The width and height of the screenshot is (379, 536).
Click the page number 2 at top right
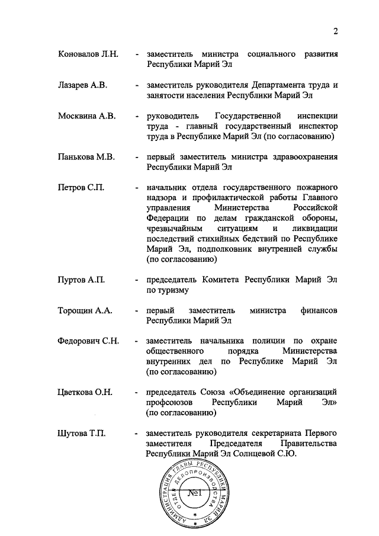(x=335, y=31)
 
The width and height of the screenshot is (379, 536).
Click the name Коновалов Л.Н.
(x=88, y=54)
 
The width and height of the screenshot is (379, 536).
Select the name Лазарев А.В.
(x=82, y=85)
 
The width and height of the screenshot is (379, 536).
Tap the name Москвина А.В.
(x=85, y=116)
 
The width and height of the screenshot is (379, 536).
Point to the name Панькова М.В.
(x=86, y=158)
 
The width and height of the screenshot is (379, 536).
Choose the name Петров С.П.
(x=81, y=188)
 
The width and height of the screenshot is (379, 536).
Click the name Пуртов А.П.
(x=81, y=280)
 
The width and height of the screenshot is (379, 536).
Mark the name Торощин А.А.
(x=85, y=310)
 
